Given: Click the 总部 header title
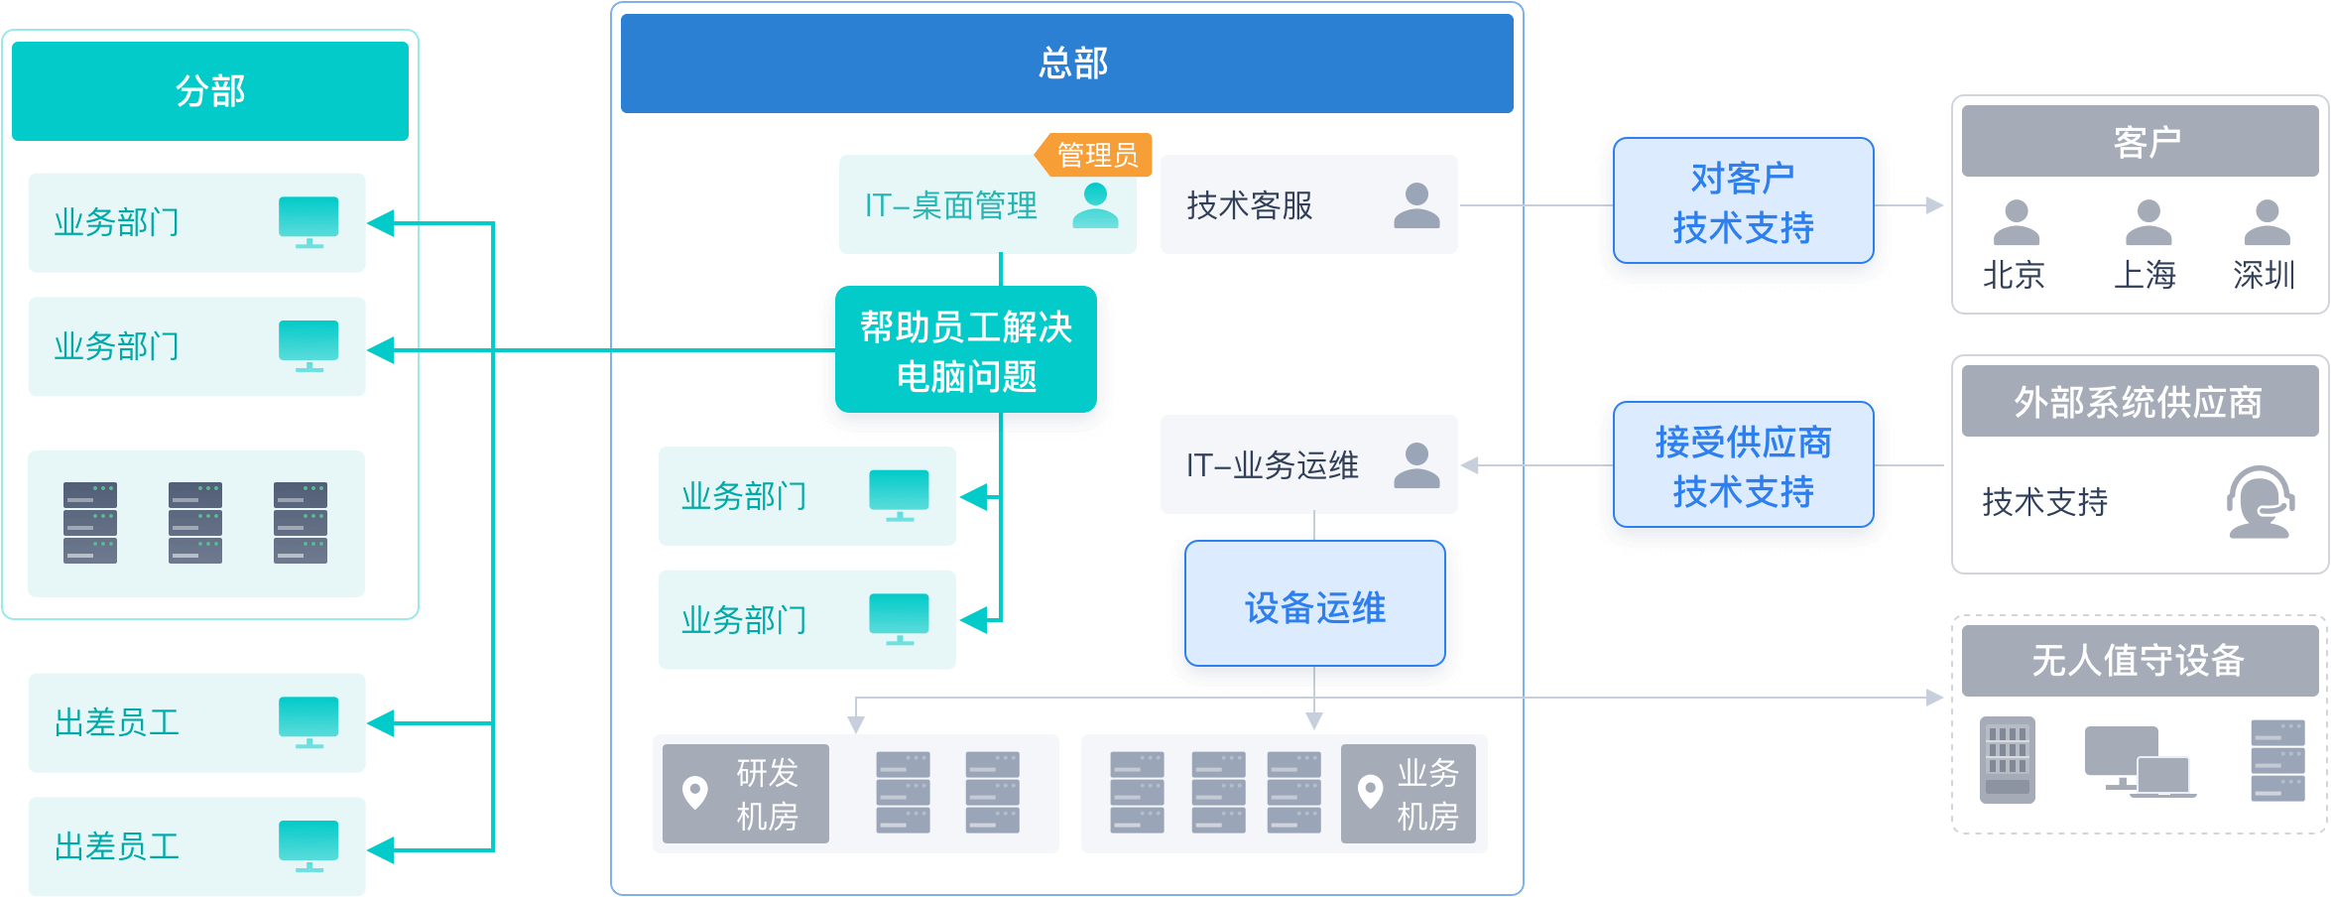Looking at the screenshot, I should [x=1072, y=64].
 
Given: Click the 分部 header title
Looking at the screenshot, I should [x=210, y=91].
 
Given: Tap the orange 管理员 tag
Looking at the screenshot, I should [x=1096, y=155].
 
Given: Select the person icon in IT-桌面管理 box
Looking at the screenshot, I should [x=1095, y=205].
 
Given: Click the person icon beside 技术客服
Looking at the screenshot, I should [x=1416, y=205].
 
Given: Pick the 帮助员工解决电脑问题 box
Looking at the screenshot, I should [x=966, y=350].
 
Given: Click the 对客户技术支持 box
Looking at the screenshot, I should [x=1743, y=202].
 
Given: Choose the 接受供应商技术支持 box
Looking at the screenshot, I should [x=1743, y=465].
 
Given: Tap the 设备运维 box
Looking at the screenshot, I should [x=1314, y=607].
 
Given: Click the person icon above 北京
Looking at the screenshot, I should [x=2016, y=222].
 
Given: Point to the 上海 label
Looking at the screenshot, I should [x=2145, y=275].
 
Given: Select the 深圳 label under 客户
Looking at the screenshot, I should [x=2264, y=275].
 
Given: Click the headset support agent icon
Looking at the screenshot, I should [x=2260, y=501].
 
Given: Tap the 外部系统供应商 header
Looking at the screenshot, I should [x=2139, y=402].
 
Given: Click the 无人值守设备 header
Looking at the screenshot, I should [x=2139, y=660].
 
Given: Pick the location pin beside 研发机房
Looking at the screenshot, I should [x=695, y=792].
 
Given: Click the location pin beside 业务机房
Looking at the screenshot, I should [x=1370, y=792].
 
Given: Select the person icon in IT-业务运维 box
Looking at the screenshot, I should [x=1416, y=465].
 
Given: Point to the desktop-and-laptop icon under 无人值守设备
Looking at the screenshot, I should [x=2139, y=762].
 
